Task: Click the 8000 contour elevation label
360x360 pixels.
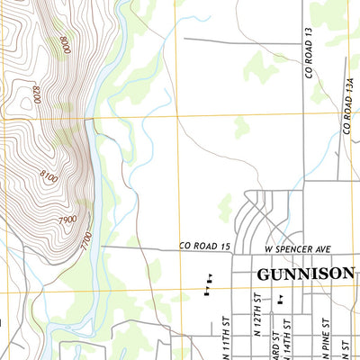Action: tap(64, 44)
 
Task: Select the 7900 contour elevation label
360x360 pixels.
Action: tap(66, 220)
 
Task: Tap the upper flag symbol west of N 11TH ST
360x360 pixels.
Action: tap(210, 277)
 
